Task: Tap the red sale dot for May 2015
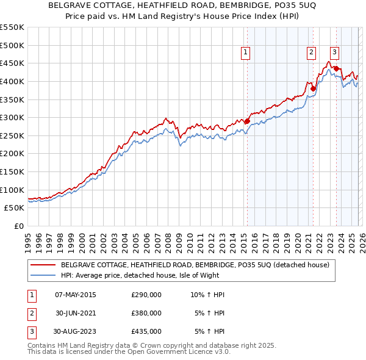pyautogui.click(x=247, y=121)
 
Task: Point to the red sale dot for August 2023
pyautogui.click(x=336, y=68)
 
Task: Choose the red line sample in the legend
pyautogui.click(x=43, y=265)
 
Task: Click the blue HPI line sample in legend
pyautogui.click(x=43, y=275)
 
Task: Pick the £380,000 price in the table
pyautogui.click(x=146, y=313)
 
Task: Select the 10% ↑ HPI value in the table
pyautogui.click(x=207, y=295)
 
